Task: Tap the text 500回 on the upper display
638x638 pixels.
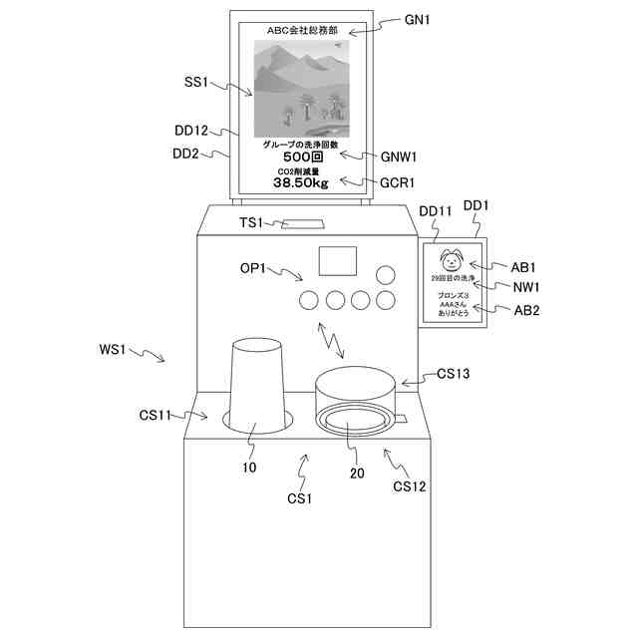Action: pos(300,158)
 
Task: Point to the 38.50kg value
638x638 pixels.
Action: pos(300,183)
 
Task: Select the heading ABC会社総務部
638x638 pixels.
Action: pos(300,30)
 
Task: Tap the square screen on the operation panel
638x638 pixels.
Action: pos(336,261)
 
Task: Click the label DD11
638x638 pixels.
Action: pos(437,212)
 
